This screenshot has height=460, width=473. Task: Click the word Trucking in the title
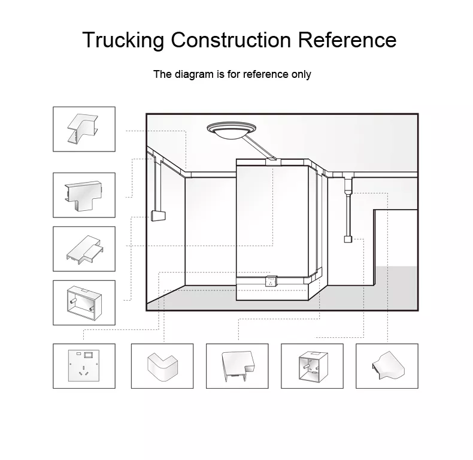[123, 40]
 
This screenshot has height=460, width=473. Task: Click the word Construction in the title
[231, 40]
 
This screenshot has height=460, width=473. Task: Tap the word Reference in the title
[347, 40]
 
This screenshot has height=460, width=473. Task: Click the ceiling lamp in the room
[231, 131]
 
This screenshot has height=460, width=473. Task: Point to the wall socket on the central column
[271, 281]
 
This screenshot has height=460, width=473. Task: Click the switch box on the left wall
[158, 216]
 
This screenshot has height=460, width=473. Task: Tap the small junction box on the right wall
[348, 239]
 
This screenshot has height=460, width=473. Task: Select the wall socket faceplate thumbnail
[84, 366]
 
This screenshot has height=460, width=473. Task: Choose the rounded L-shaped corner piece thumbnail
[162, 366]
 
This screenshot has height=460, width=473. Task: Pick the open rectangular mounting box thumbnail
[84, 302]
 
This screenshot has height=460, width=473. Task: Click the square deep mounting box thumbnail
[312, 366]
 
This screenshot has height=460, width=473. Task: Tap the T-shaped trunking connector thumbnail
[84, 195]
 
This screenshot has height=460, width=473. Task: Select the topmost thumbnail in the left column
[84, 129]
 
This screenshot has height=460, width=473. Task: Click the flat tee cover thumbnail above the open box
[84, 249]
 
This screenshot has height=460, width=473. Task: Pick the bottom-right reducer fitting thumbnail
[387, 366]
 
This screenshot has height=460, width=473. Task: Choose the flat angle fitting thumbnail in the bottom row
[237, 366]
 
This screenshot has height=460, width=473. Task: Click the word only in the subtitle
[301, 74]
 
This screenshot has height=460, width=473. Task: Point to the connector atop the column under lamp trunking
[273, 162]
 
